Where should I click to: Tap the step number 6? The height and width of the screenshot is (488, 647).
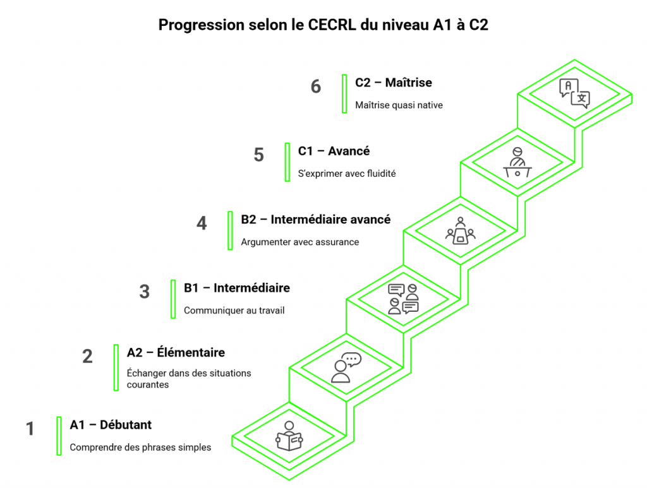tap(316, 86)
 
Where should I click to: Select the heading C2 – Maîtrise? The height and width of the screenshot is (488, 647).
tap(393, 83)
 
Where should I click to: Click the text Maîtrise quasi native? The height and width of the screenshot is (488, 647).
tap(399, 105)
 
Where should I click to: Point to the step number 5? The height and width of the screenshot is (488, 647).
tap(258, 155)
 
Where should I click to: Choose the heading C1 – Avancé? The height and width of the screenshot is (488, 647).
tap(334, 152)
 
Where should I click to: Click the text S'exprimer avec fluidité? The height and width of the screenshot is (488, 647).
tap(347, 174)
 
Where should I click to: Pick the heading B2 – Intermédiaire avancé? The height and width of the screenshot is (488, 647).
tap(315, 220)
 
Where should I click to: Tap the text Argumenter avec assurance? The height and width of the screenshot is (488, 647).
tap(299, 242)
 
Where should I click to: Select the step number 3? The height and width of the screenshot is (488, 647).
tap(145, 292)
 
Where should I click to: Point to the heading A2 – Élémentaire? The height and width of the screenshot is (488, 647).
tap(176, 352)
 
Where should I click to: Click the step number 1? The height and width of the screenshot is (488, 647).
tap(30, 429)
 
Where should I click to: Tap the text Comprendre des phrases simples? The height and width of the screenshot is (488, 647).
tap(140, 448)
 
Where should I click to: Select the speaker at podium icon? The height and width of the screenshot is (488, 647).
tap(517, 162)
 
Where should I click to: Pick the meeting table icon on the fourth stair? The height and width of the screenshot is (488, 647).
tap(461, 230)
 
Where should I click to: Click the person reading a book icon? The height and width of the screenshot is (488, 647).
tap(289, 436)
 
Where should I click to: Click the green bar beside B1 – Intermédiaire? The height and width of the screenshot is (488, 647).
tap(173, 299)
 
